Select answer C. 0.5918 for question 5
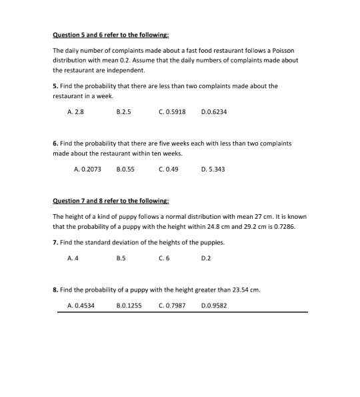click(x=173, y=112)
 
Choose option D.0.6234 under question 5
click(x=213, y=112)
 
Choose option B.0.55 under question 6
click(x=125, y=169)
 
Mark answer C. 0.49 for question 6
click(x=169, y=169)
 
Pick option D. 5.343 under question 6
click(x=213, y=169)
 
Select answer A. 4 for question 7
click(x=71, y=258)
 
